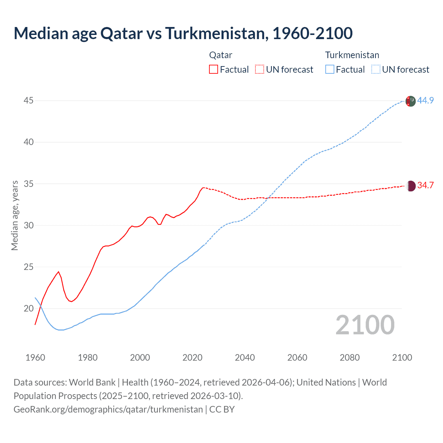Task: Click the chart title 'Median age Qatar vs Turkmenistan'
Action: coord(183,33)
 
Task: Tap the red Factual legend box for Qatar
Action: coord(214,69)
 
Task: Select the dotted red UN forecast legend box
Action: coord(260,69)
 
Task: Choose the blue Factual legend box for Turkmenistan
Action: coord(329,69)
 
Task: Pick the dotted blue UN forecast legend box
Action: coord(376,69)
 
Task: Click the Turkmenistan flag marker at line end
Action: coord(410,101)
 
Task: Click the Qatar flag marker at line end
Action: coord(410,186)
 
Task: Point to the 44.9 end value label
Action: coord(425,100)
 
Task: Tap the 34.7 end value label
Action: coord(425,186)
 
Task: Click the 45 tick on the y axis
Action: coord(29,101)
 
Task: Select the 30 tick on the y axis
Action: coord(29,225)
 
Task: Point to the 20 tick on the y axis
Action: coord(29,308)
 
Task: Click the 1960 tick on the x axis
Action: coord(35,358)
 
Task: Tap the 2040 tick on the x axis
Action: coord(245,358)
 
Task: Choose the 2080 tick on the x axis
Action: coord(350,358)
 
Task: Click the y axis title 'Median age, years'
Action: coord(15,215)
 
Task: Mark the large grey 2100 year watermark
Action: coord(365,325)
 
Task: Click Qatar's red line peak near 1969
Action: coord(58,272)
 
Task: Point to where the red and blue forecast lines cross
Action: coord(267,198)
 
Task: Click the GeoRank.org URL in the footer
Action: coord(108,409)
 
